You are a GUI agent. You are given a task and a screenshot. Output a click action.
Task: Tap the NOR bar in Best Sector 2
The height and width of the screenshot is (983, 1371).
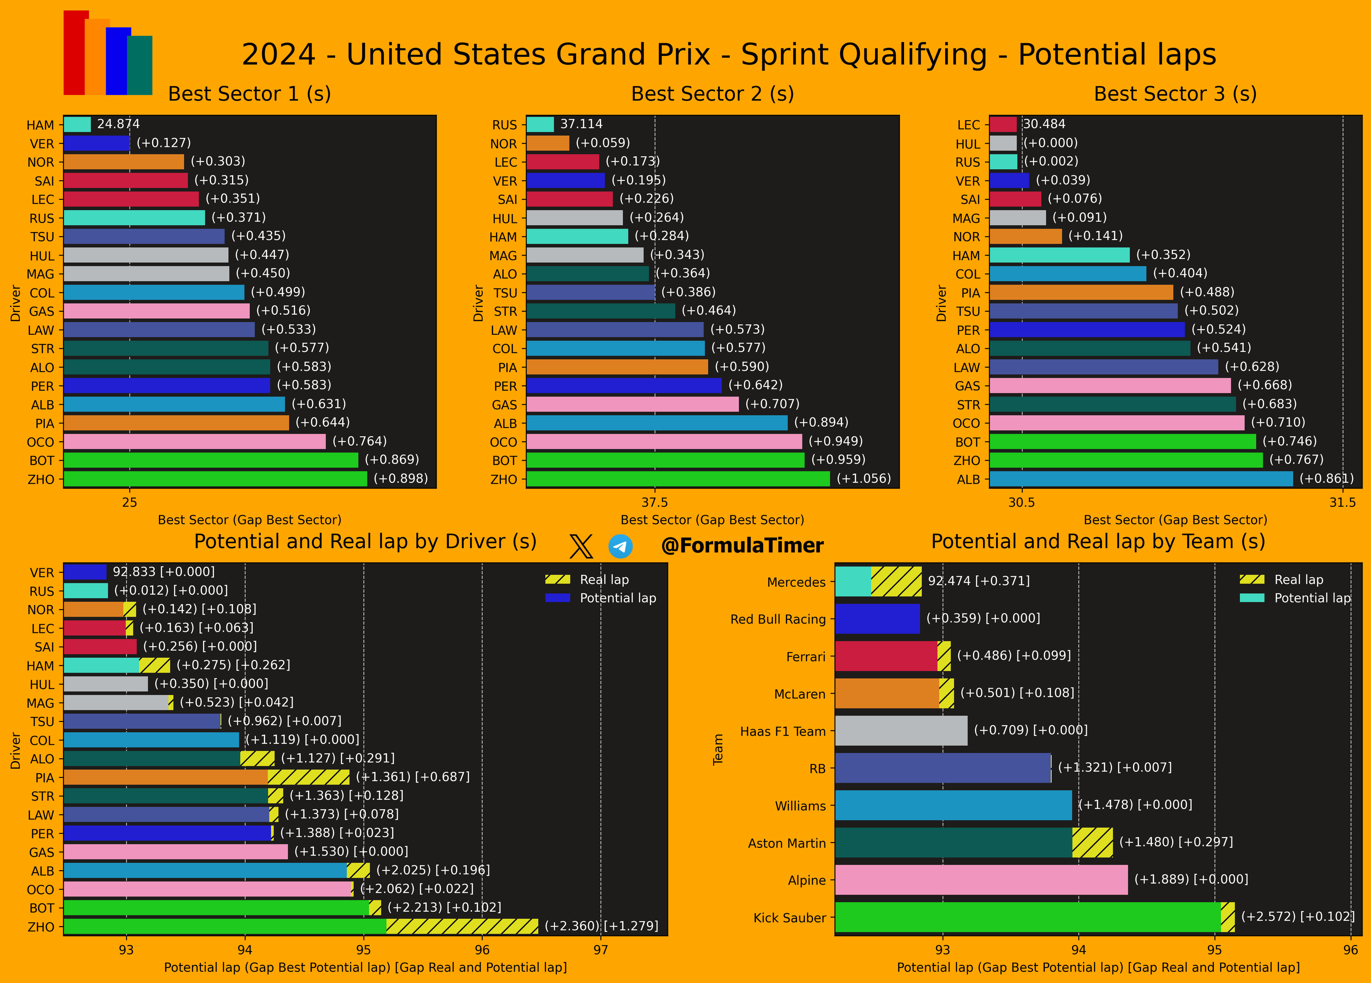click(x=548, y=143)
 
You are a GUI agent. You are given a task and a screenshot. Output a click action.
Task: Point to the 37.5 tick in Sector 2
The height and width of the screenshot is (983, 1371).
click(x=655, y=503)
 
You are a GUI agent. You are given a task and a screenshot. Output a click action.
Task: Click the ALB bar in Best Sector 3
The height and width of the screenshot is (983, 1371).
click(x=1141, y=479)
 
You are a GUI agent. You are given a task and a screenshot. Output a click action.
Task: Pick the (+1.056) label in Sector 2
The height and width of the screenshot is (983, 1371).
click(x=863, y=479)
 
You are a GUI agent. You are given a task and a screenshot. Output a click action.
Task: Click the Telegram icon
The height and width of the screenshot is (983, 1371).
click(x=620, y=546)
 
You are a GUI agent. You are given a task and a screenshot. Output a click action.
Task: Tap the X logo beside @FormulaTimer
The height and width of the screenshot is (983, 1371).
click(x=581, y=546)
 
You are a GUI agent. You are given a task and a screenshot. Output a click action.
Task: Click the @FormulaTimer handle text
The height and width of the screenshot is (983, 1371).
click(x=742, y=546)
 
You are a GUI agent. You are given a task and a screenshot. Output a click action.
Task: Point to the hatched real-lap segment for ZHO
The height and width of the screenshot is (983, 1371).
click(x=462, y=926)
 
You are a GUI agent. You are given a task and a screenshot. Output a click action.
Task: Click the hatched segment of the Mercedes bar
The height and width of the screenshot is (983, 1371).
click(x=896, y=581)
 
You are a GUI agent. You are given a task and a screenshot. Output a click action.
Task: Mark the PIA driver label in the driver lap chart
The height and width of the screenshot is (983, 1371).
click(x=45, y=777)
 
